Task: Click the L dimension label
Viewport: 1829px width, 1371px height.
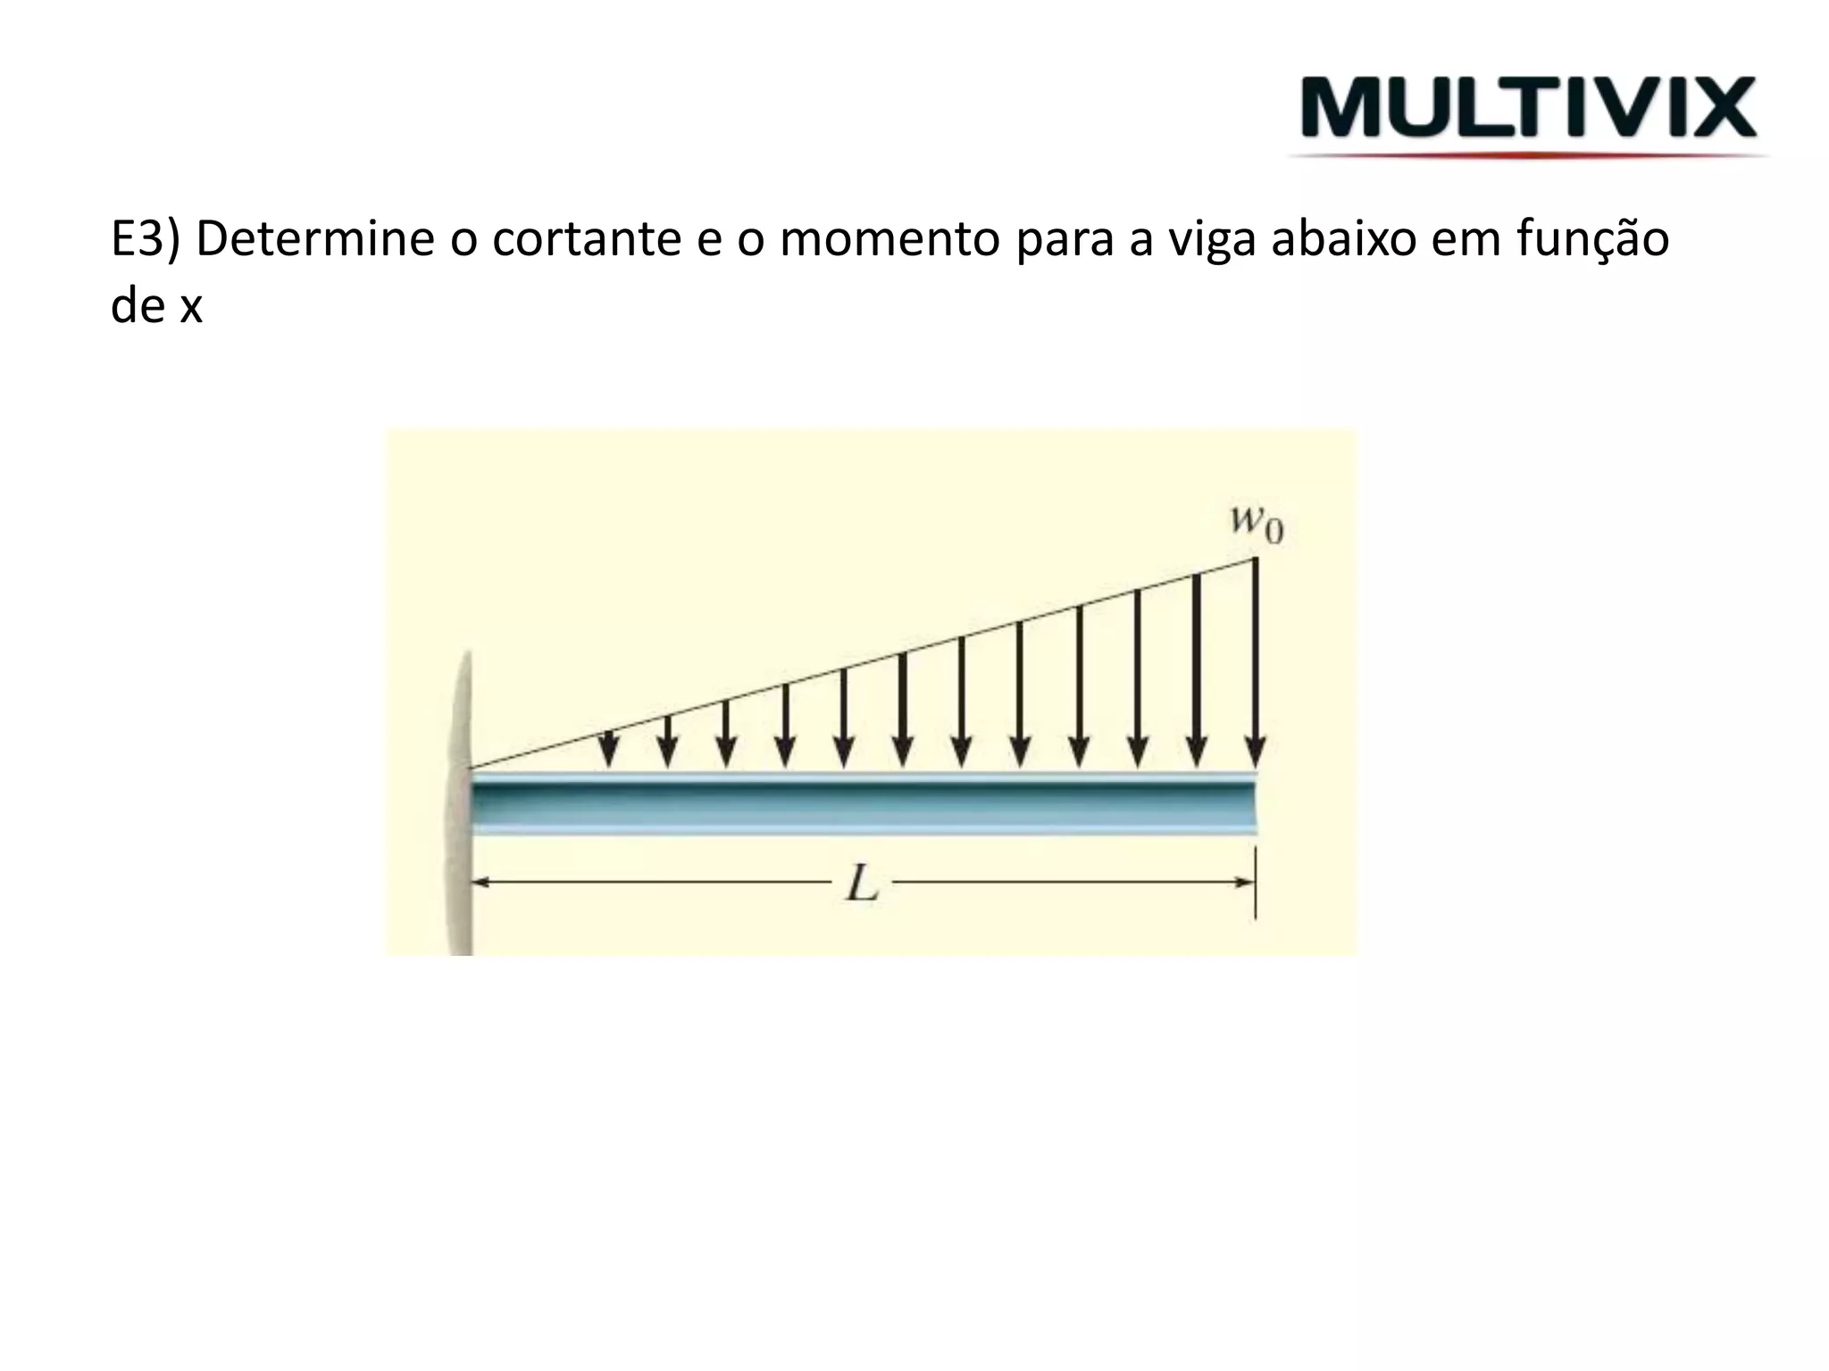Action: [863, 885]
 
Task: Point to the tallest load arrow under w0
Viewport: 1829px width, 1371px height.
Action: [1255, 661]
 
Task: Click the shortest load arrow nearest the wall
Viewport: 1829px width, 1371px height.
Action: [609, 747]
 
